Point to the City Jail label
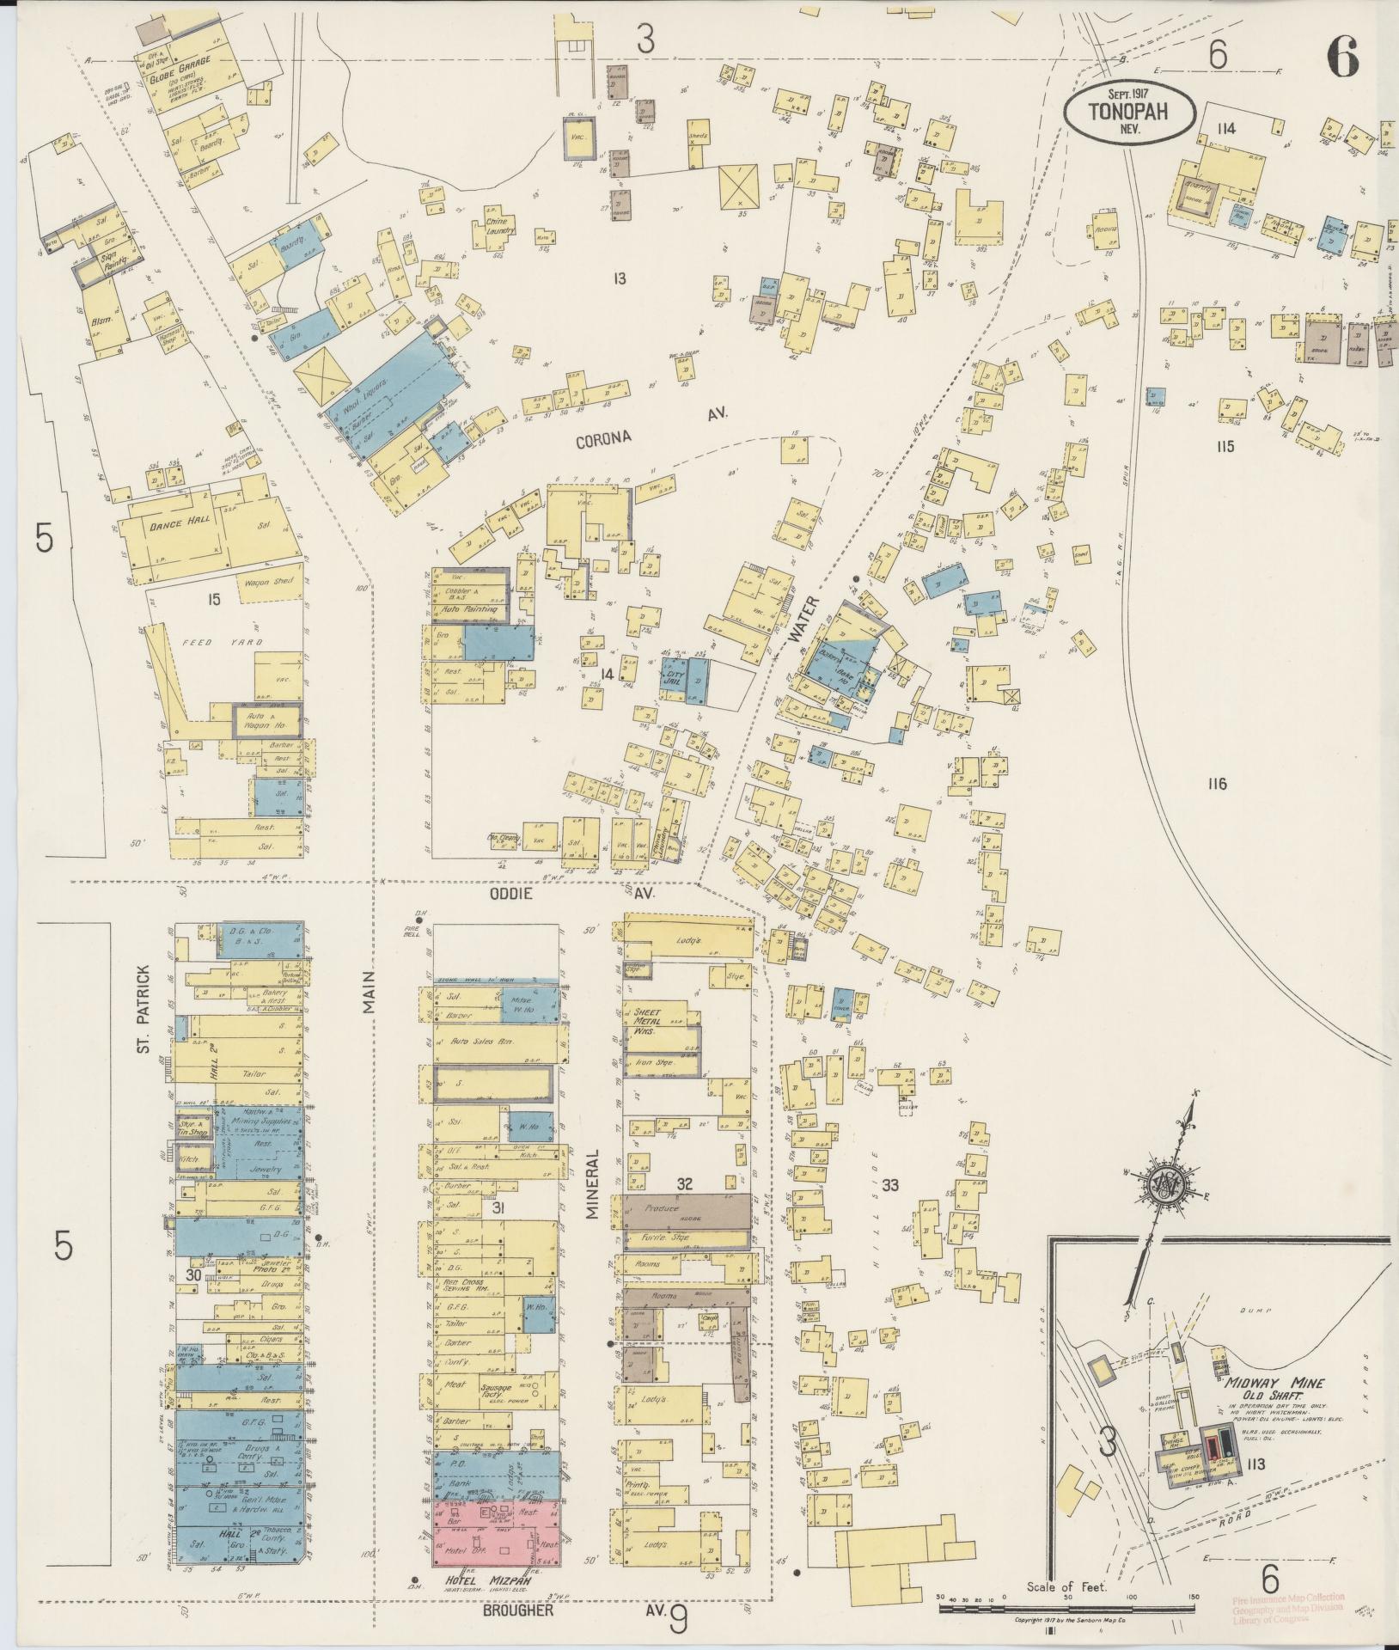(x=675, y=676)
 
